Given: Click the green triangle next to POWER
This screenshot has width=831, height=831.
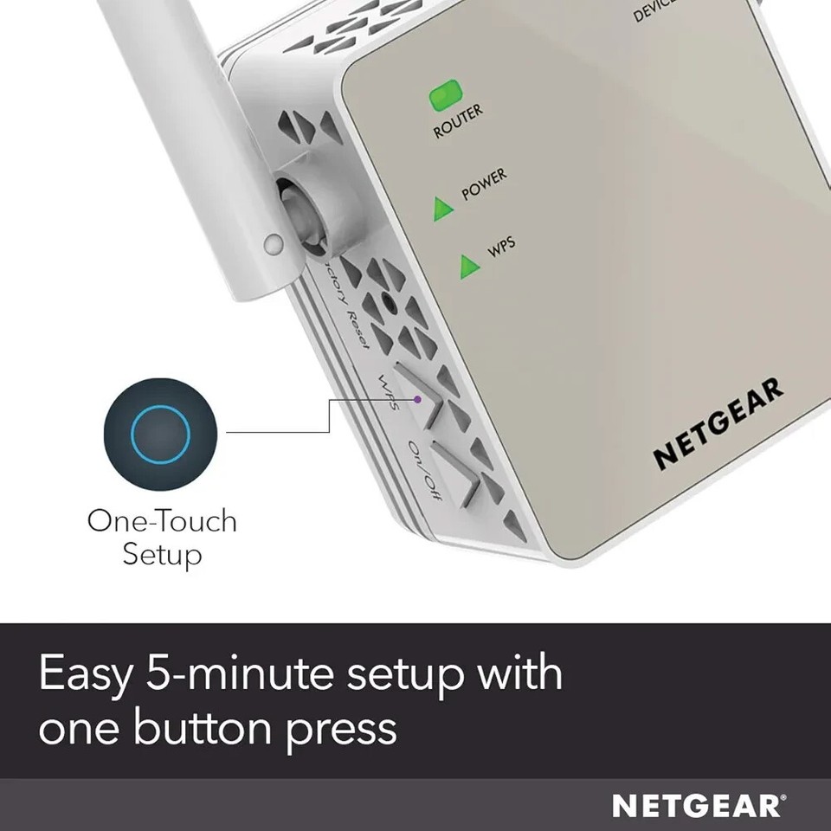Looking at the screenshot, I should [443, 208].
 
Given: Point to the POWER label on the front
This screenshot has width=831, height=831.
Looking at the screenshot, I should [484, 184].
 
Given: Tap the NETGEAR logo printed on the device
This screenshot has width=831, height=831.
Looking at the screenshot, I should [718, 423].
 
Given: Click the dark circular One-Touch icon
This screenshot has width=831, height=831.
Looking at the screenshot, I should [159, 432].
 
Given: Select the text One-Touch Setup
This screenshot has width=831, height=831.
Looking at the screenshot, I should [162, 537].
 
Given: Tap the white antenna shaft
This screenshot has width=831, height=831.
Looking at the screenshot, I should [191, 121].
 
